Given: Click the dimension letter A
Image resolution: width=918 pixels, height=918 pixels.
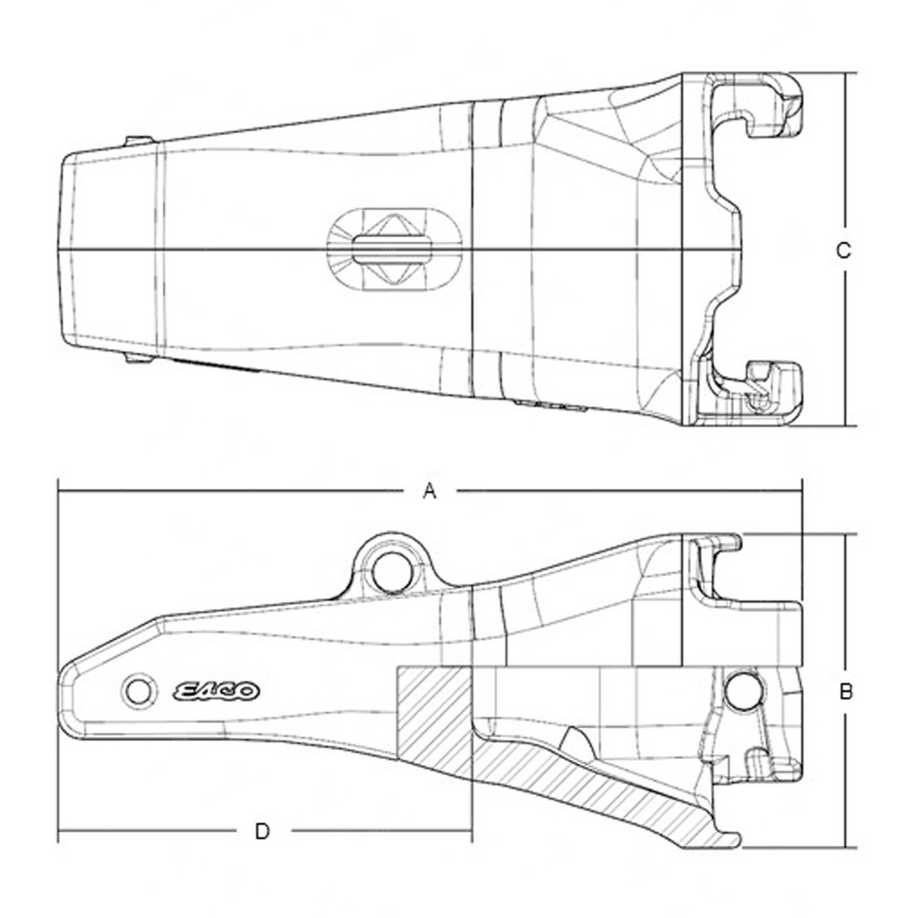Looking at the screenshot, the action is pos(429,490).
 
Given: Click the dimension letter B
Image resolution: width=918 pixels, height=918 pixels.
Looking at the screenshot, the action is pos(844,691).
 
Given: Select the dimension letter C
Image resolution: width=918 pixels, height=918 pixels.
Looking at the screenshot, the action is pos(843,251).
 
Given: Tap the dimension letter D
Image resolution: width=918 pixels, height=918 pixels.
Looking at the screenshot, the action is pos(262,831).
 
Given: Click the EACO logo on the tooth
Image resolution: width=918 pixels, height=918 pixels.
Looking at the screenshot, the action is pos(216,691).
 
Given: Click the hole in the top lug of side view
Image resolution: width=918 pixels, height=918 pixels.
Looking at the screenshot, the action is pos(390,571).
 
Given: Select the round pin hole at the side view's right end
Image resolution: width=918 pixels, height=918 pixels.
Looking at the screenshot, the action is pos(743,690).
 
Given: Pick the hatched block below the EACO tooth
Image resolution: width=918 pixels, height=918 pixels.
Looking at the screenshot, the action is pos(432,717).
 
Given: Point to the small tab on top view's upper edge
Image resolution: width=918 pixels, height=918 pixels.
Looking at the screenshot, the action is pos(139,141).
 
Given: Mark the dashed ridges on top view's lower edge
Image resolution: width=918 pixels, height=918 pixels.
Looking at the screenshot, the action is pos(551,406).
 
